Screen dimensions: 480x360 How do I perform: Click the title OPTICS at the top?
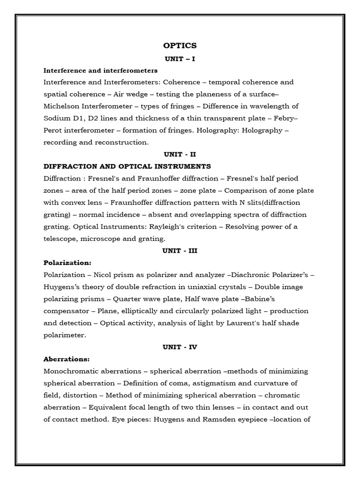pyautogui.click(x=180, y=45)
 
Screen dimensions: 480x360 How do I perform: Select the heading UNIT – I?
pyautogui.click(x=180, y=59)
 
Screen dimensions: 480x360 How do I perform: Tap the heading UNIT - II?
pyautogui.click(x=180, y=154)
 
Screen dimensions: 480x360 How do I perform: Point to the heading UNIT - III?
pyautogui.click(x=180, y=250)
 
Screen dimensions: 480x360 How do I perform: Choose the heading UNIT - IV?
pyautogui.click(x=180, y=347)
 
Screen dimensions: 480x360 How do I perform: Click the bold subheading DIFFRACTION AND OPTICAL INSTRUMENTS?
pyautogui.click(x=127, y=166)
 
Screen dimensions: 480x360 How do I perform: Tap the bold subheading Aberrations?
pyautogui.click(x=67, y=359)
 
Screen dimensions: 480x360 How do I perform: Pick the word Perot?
pyautogui.click(x=54, y=130)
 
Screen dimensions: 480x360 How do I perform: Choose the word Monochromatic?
pyautogui.click(x=73, y=371)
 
